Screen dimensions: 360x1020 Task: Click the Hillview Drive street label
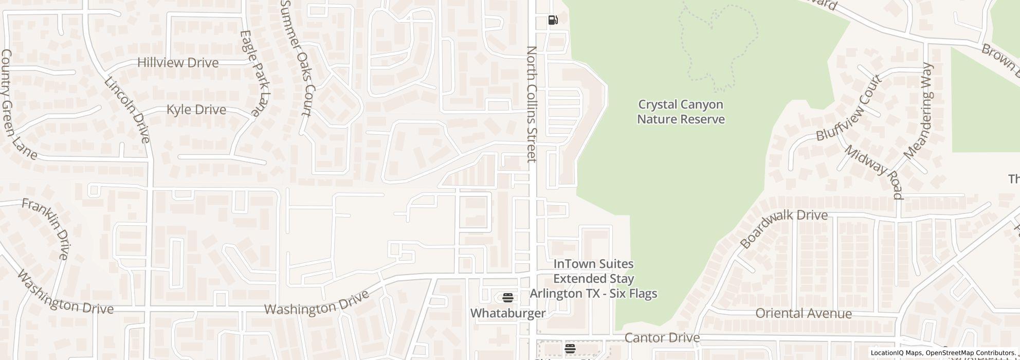[x=178, y=63]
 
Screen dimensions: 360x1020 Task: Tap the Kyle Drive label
[x=196, y=110]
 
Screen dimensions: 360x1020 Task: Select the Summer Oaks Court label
[x=297, y=58]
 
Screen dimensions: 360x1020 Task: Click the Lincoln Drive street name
[x=127, y=110]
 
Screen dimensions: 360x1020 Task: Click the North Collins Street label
[x=532, y=104]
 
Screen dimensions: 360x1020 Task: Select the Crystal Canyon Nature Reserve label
[x=681, y=112]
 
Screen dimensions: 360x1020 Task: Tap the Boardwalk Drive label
[x=784, y=228]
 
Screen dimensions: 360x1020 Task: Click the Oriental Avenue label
[x=804, y=313]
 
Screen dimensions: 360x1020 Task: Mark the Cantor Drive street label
[x=662, y=338]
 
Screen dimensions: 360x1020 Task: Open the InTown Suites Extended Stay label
[x=593, y=279]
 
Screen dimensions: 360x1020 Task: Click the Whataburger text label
[x=508, y=313]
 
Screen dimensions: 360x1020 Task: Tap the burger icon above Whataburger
[x=508, y=297]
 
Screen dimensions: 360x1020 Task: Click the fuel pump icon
[x=553, y=20]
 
